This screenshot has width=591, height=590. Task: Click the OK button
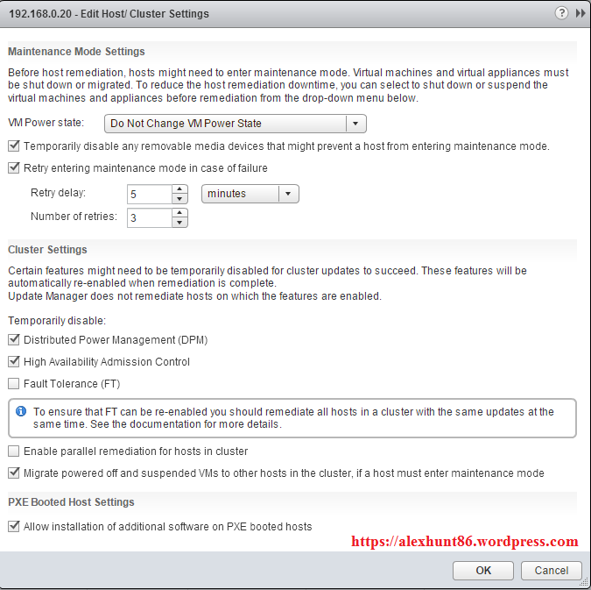coord(483,570)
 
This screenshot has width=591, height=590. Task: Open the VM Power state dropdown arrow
coord(355,124)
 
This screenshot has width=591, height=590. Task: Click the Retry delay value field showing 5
coord(149,194)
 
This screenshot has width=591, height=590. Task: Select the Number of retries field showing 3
coord(149,217)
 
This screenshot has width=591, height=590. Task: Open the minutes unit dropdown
coord(250,194)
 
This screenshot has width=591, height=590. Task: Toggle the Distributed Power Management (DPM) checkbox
coord(13,339)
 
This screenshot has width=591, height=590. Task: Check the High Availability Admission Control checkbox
coord(13,361)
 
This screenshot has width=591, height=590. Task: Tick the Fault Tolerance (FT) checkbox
coord(13,383)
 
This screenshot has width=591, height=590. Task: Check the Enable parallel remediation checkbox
coord(13,451)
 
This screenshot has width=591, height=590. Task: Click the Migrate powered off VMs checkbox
coord(13,473)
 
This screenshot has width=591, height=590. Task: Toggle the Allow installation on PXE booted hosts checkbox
coord(13,527)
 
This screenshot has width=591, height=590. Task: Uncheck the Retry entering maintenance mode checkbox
coord(13,167)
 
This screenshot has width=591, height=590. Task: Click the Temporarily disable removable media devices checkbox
coord(13,146)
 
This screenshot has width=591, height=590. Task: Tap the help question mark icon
coord(561,13)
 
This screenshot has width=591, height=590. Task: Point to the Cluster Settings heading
coord(47,250)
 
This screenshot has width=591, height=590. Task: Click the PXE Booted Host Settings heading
coord(71,502)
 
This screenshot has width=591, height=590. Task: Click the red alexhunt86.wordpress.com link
coord(465,542)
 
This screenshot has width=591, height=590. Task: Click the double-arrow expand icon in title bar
coord(580,13)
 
